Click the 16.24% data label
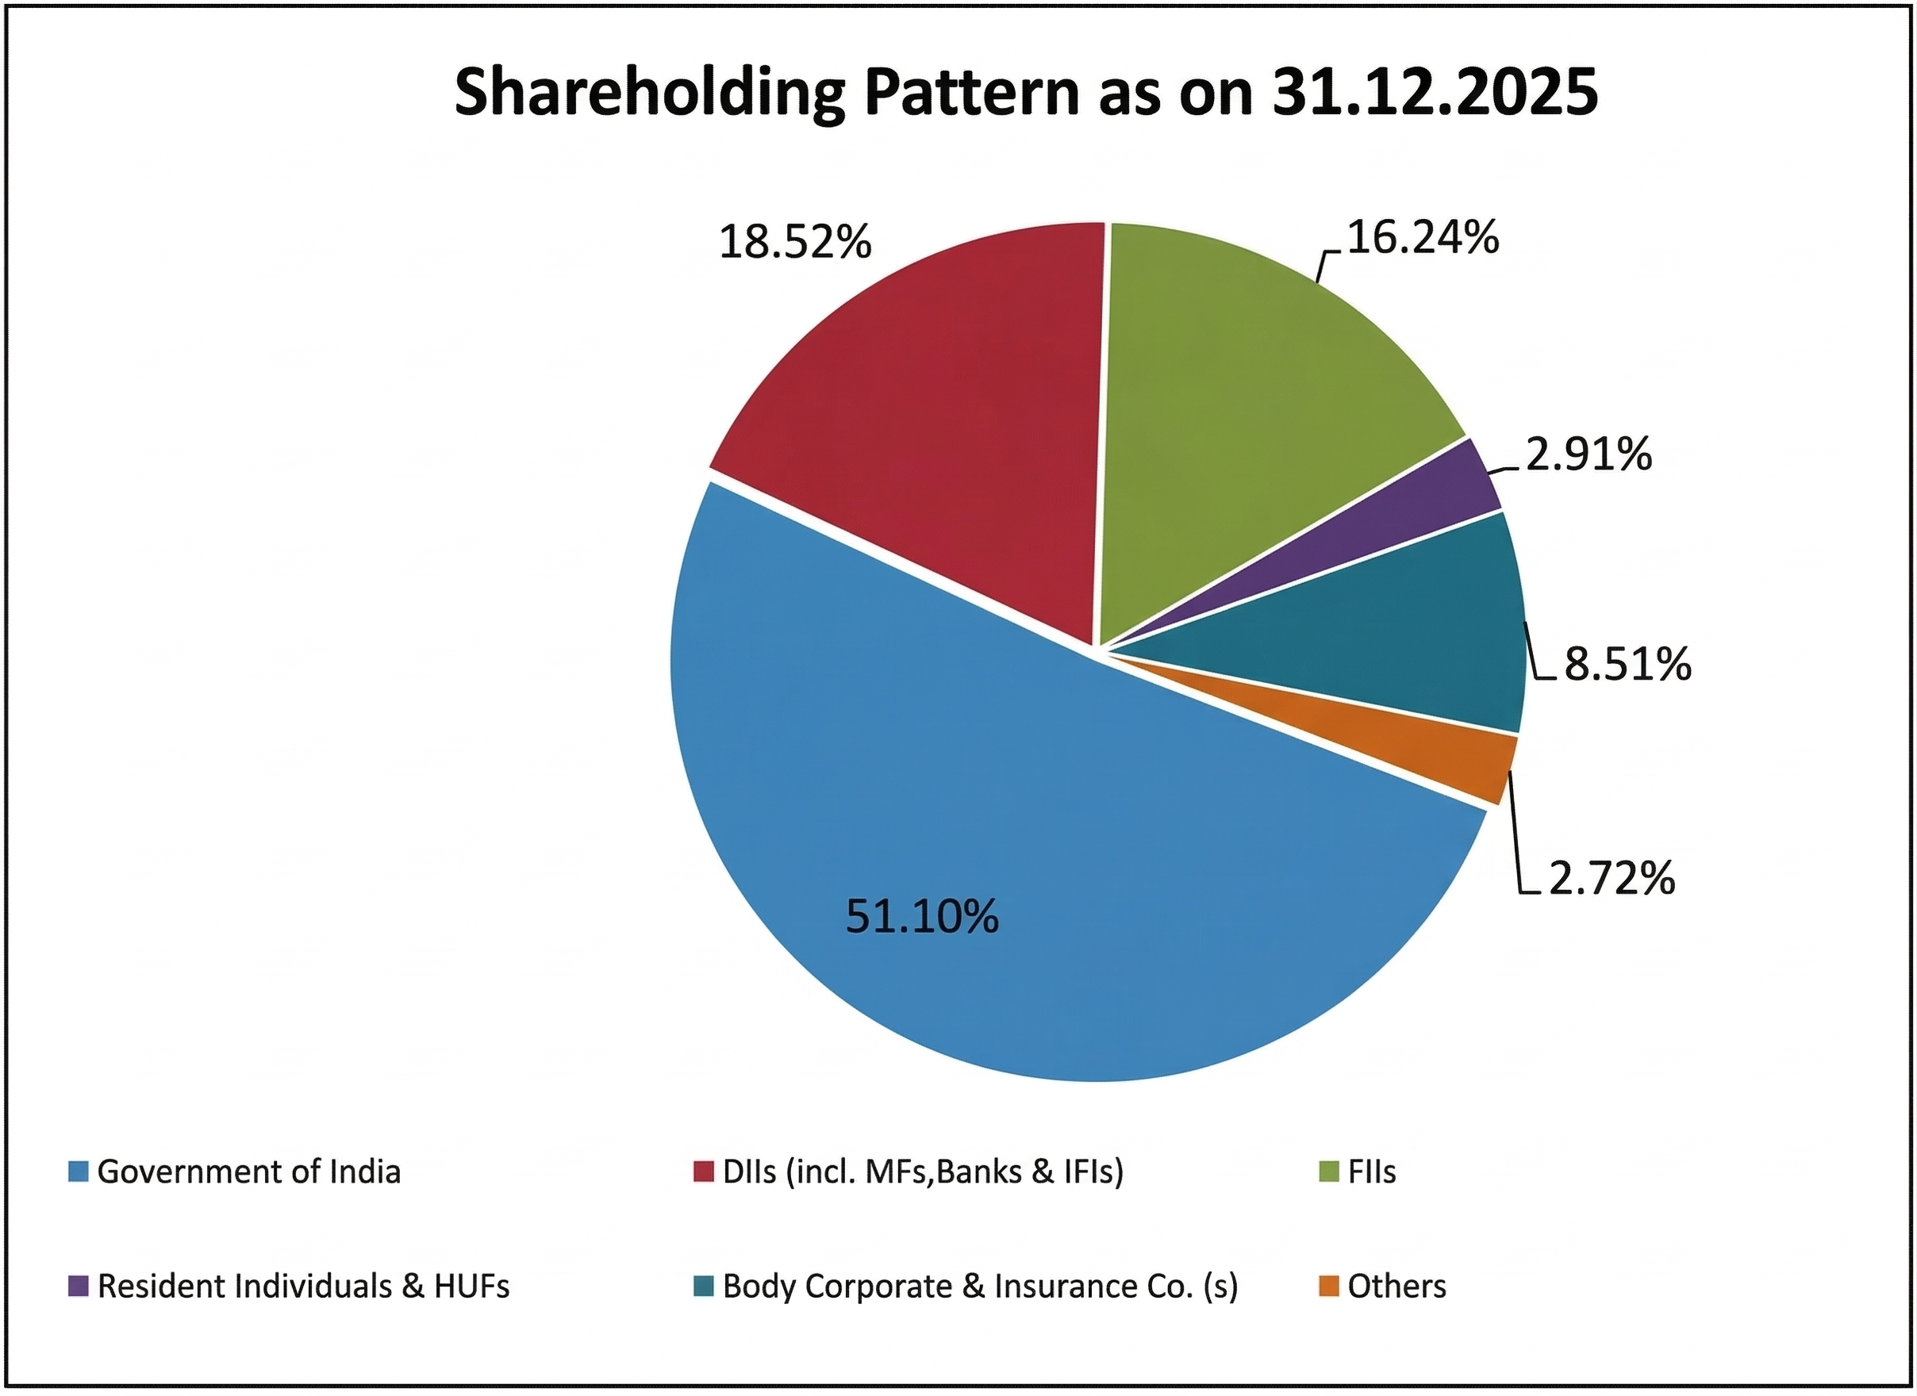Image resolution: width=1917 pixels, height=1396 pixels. coord(1423,237)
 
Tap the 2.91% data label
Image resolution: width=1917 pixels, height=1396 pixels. coord(1589,454)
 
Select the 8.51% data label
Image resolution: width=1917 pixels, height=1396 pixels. coord(1627,664)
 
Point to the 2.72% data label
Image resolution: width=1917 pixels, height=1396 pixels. coord(1611,878)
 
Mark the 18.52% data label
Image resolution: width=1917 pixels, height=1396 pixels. coord(794,243)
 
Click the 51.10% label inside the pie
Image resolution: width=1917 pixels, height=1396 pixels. coord(922,917)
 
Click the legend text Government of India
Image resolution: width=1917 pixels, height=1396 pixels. coord(248,1172)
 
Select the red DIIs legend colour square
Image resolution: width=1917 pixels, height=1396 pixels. coord(703,1172)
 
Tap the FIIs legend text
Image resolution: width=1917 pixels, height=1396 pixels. coord(1372,1172)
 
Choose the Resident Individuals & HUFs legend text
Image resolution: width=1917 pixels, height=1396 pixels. coord(303,1287)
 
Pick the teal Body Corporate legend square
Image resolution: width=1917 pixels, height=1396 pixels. coord(703,1287)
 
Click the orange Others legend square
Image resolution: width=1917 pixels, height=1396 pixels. coord(1329,1287)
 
